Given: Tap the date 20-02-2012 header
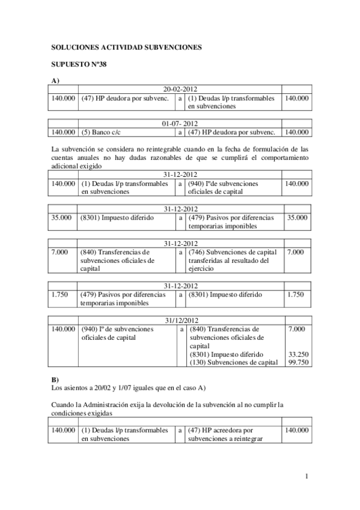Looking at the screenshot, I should pyautogui.click(x=180, y=88).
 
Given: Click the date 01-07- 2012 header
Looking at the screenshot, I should pyautogui.click(x=180, y=123).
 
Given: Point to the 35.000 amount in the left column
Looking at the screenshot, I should pyautogui.click(x=62, y=218).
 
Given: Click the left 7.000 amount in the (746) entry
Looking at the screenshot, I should pyautogui.click(x=60, y=252).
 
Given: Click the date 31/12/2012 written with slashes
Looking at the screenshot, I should pyautogui.click(x=180, y=321).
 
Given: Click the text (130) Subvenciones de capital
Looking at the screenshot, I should pyautogui.click(x=233, y=362).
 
